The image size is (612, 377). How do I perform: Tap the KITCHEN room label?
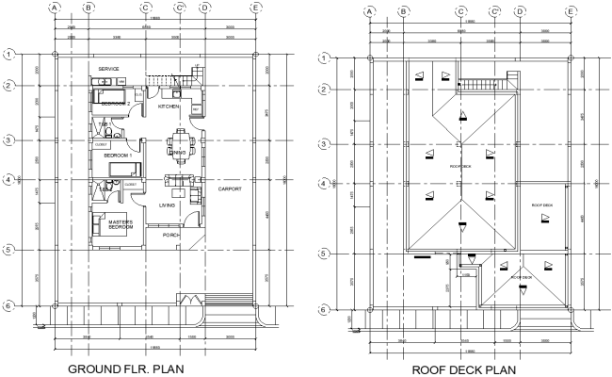click(169, 107)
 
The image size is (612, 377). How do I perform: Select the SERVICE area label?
click(109, 69)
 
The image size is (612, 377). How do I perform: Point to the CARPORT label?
click(232, 189)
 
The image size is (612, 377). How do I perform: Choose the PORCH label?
click(171, 235)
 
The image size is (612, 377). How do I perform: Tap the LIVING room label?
click(169, 205)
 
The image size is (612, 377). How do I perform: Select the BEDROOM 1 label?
click(117, 155)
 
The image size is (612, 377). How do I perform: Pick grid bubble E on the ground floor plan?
click(256, 8)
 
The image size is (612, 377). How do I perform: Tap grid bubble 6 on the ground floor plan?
click(8, 306)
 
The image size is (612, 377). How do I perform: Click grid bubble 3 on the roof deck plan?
click(325, 143)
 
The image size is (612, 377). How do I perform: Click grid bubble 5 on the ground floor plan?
click(8, 250)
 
